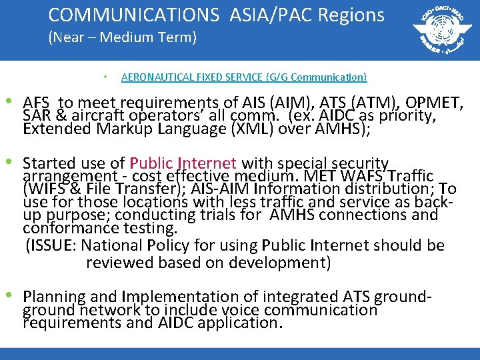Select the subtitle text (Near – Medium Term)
tap(122, 38)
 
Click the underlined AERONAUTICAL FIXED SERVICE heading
tap(244, 77)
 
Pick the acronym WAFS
tap(361, 176)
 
